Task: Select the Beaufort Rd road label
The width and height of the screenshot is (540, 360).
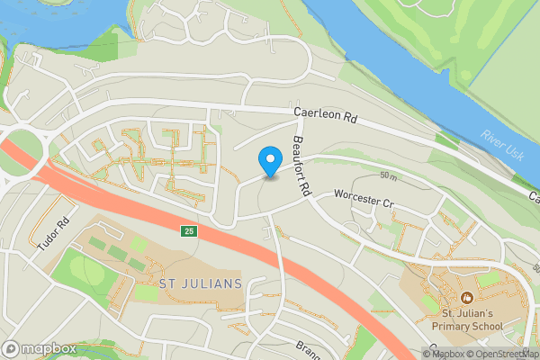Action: click(x=301, y=166)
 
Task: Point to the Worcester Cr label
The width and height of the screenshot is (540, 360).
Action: click(x=364, y=199)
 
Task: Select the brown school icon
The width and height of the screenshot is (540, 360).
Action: click(x=467, y=297)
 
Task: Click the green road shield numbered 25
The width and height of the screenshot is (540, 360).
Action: click(x=187, y=231)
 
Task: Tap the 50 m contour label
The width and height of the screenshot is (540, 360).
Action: click(x=389, y=174)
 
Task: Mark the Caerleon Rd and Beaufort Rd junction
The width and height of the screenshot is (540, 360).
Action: click(x=290, y=112)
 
